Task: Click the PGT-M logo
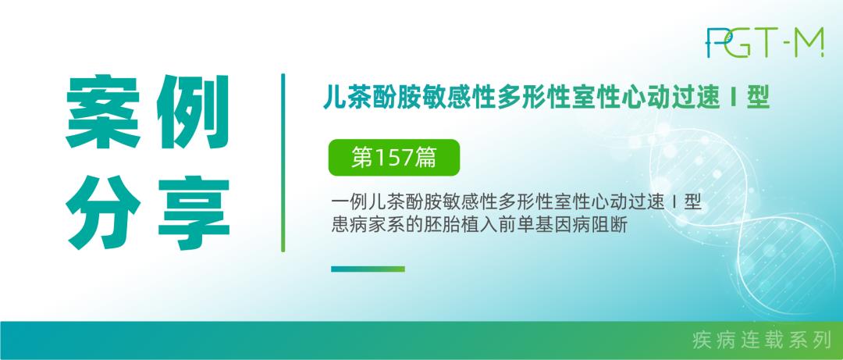click(x=764, y=42)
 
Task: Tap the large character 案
click(x=103, y=112)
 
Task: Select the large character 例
click(x=193, y=112)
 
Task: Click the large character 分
click(x=103, y=212)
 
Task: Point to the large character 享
click(x=194, y=212)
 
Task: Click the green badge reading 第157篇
click(x=394, y=158)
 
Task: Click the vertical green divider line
click(x=283, y=162)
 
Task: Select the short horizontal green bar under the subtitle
click(x=368, y=269)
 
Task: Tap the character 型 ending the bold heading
click(x=758, y=98)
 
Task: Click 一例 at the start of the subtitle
click(x=348, y=203)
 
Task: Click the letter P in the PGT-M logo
click(x=714, y=42)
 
